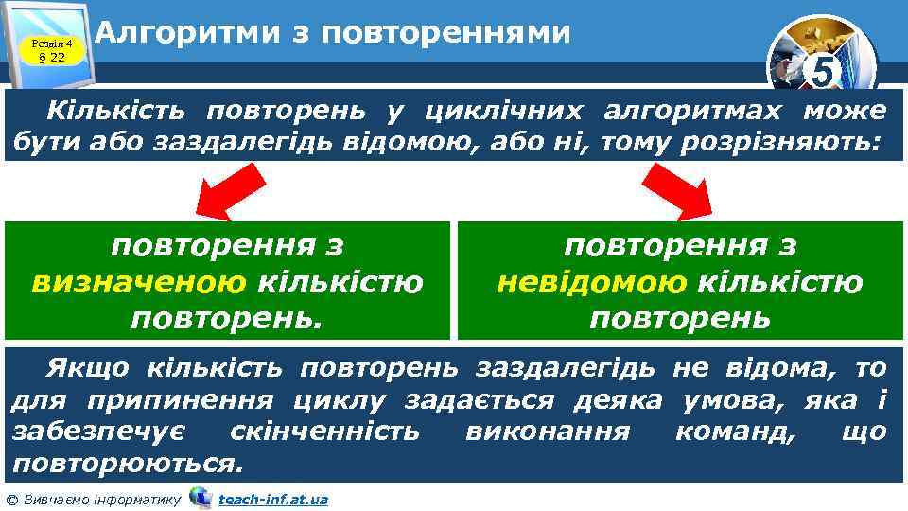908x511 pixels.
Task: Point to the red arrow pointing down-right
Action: [x=679, y=190]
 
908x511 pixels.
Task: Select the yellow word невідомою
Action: [x=592, y=282]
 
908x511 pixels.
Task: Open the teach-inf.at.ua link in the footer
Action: [x=272, y=499]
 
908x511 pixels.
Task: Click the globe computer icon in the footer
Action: [x=200, y=497]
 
